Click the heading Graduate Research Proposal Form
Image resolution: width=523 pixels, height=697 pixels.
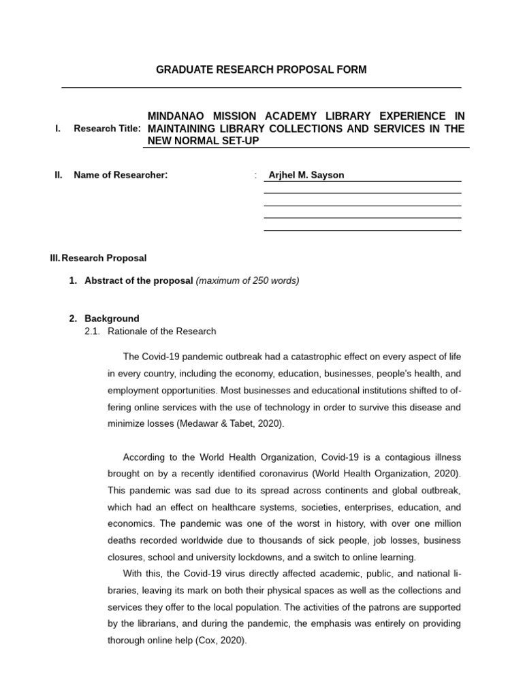(261, 70)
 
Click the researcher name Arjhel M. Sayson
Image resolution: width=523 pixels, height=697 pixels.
(306, 175)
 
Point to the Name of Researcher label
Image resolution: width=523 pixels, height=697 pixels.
(121, 175)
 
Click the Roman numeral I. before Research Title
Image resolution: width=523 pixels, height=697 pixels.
(58, 129)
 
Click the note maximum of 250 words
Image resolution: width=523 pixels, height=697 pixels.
(247, 280)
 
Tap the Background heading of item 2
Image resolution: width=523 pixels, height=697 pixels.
(112, 318)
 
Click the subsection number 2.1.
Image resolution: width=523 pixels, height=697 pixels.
(92, 331)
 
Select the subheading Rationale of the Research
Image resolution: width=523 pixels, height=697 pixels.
(162, 331)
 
